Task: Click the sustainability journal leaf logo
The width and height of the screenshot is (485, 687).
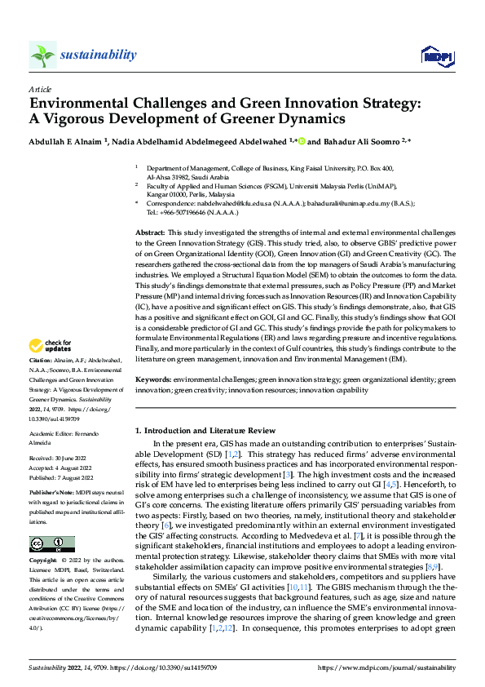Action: point(42,55)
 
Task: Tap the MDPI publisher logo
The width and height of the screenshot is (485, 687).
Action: point(434,55)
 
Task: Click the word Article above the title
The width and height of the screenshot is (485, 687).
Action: point(39,91)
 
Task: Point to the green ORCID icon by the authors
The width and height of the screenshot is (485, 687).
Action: point(302,142)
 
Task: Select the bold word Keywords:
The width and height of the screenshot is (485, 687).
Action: point(152,379)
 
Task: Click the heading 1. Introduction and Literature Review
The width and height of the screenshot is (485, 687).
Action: point(205,430)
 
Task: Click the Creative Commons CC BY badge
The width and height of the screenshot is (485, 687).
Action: point(51,543)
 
